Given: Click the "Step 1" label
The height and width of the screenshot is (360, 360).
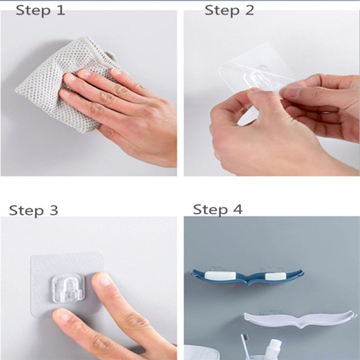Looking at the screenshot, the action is point(40,11).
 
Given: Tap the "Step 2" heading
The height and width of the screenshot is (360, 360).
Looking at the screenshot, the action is point(229,10).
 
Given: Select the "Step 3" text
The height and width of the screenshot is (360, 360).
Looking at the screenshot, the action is point(33,211).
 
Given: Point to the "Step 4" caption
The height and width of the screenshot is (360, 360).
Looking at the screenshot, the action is point(217,210).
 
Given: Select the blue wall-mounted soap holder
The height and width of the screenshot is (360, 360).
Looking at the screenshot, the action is point(247,277).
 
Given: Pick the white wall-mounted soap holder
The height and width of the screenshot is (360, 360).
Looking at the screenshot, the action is point(300,319).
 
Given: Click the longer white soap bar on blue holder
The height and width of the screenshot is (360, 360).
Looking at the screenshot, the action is point(220,275).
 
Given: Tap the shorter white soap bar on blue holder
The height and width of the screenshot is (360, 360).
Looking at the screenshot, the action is point(275,276).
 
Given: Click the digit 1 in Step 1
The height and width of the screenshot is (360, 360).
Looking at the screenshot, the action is point(60,10).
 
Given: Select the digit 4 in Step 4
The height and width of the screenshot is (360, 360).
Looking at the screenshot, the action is point(237,209).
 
